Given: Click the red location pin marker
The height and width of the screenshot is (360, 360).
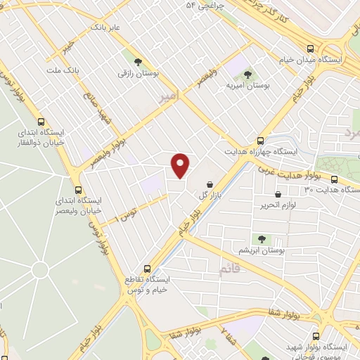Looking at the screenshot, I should tap(181, 165).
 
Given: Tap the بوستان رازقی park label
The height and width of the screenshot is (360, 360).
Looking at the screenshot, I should tap(139, 72).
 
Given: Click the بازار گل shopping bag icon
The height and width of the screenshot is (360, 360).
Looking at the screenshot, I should tap(211, 185).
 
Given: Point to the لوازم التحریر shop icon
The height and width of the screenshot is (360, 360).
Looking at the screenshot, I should tap(278, 194).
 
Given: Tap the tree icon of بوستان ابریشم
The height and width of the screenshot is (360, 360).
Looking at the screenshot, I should tap(262, 240).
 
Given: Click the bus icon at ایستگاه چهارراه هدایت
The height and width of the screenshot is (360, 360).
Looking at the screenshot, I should tap(261, 141).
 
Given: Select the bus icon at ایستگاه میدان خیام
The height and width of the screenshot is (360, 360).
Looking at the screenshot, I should tap(311, 49).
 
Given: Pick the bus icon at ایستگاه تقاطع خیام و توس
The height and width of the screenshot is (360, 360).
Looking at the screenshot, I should tap(147, 269).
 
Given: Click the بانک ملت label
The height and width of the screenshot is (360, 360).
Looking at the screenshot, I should tap(60, 71).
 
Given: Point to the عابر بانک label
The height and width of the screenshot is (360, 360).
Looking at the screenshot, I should tap(105, 27).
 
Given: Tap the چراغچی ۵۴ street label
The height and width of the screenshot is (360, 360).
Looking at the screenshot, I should tap(205, 6).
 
